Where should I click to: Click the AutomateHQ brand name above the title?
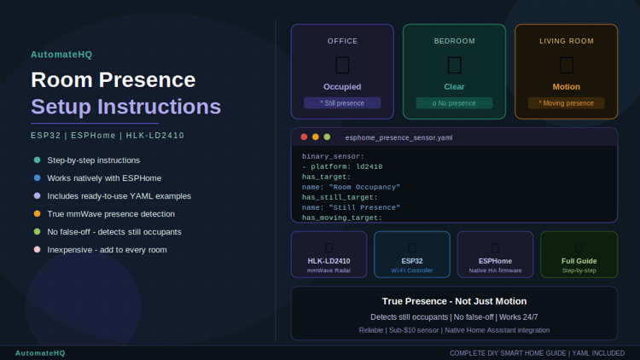pos(61,55)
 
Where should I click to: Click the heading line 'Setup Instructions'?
pos(125,107)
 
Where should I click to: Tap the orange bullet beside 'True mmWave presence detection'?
pos(38,213)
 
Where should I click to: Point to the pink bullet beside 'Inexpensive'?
pos(38,249)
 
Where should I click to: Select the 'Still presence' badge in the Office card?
pos(342,103)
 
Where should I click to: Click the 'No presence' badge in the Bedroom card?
pos(454,103)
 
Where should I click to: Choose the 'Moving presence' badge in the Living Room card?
pos(566,103)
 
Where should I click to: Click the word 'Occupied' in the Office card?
pos(342,86)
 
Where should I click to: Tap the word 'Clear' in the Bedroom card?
pos(454,86)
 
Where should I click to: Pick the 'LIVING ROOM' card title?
pos(566,41)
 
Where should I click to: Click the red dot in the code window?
pos(304,137)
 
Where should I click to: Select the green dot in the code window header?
pos(327,137)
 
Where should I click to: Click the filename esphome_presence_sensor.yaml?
pos(399,137)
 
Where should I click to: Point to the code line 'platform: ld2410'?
pos(346,166)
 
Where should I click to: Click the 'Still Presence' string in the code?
pos(364,207)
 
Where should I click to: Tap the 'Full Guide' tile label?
pos(579,261)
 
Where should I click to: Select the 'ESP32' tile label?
pos(412,261)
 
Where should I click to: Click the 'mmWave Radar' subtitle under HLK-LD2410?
pos(329,270)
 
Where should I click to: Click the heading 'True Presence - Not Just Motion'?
pos(454,301)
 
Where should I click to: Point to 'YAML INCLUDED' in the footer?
pos(598,353)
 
